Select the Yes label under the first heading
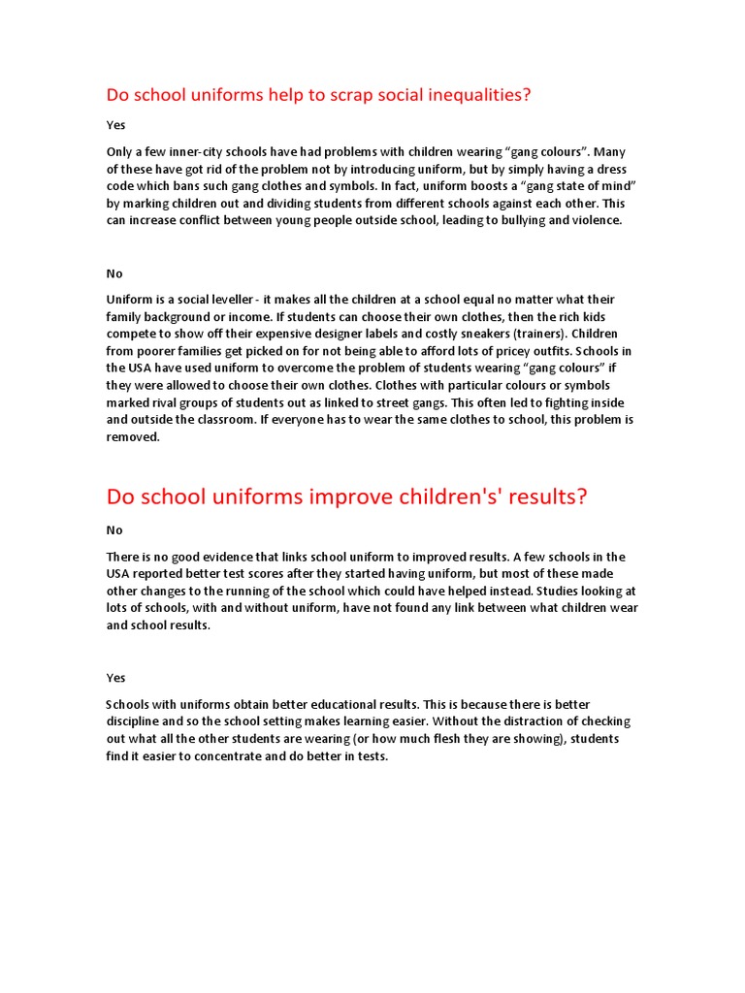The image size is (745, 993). (115, 125)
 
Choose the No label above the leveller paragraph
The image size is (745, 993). (114, 273)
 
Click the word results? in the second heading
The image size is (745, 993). (539, 496)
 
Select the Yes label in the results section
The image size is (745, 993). (115, 678)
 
